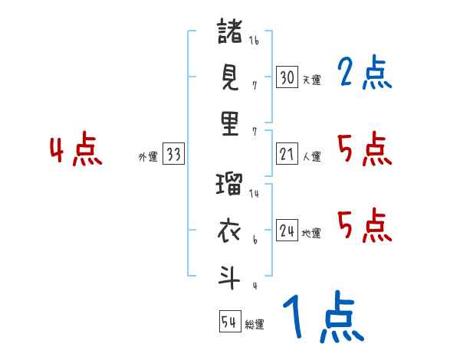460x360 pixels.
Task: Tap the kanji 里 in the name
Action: click(x=230, y=123)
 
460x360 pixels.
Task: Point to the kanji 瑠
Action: click(x=230, y=185)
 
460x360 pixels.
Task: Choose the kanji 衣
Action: click(x=230, y=231)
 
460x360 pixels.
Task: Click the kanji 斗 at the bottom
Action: click(x=230, y=277)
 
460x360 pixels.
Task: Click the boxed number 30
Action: click(x=287, y=77)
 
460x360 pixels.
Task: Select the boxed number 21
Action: click(x=287, y=154)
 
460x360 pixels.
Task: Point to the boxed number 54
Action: click(x=229, y=322)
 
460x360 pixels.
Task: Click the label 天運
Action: click(x=311, y=80)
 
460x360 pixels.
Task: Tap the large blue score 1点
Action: click(x=322, y=318)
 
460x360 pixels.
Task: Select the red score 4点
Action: click(x=77, y=150)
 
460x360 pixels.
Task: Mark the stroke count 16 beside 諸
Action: click(x=254, y=41)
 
